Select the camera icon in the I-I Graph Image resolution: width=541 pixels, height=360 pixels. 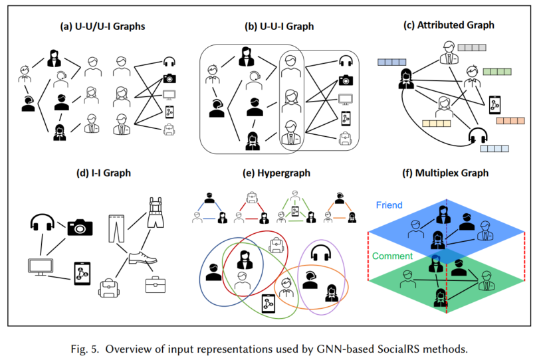point(80,227)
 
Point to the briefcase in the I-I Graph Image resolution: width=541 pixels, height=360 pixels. point(156,284)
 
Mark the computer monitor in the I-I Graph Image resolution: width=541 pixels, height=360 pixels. point(39,266)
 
